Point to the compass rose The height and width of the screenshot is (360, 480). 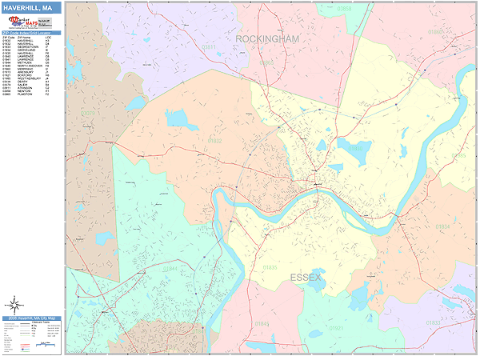pyautogui.click(x=14, y=304)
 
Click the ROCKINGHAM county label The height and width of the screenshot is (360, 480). pyautogui.click(x=266, y=38)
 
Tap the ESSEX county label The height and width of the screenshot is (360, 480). pyautogui.click(x=305, y=278)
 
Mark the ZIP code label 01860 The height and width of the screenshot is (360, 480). pyautogui.click(x=436, y=32)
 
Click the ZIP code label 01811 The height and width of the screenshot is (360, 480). pyautogui.click(x=209, y=48)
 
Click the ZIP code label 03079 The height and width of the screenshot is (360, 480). pyautogui.click(x=87, y=113)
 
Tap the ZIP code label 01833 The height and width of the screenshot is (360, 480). pyautogui.click(x=433, y=322)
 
